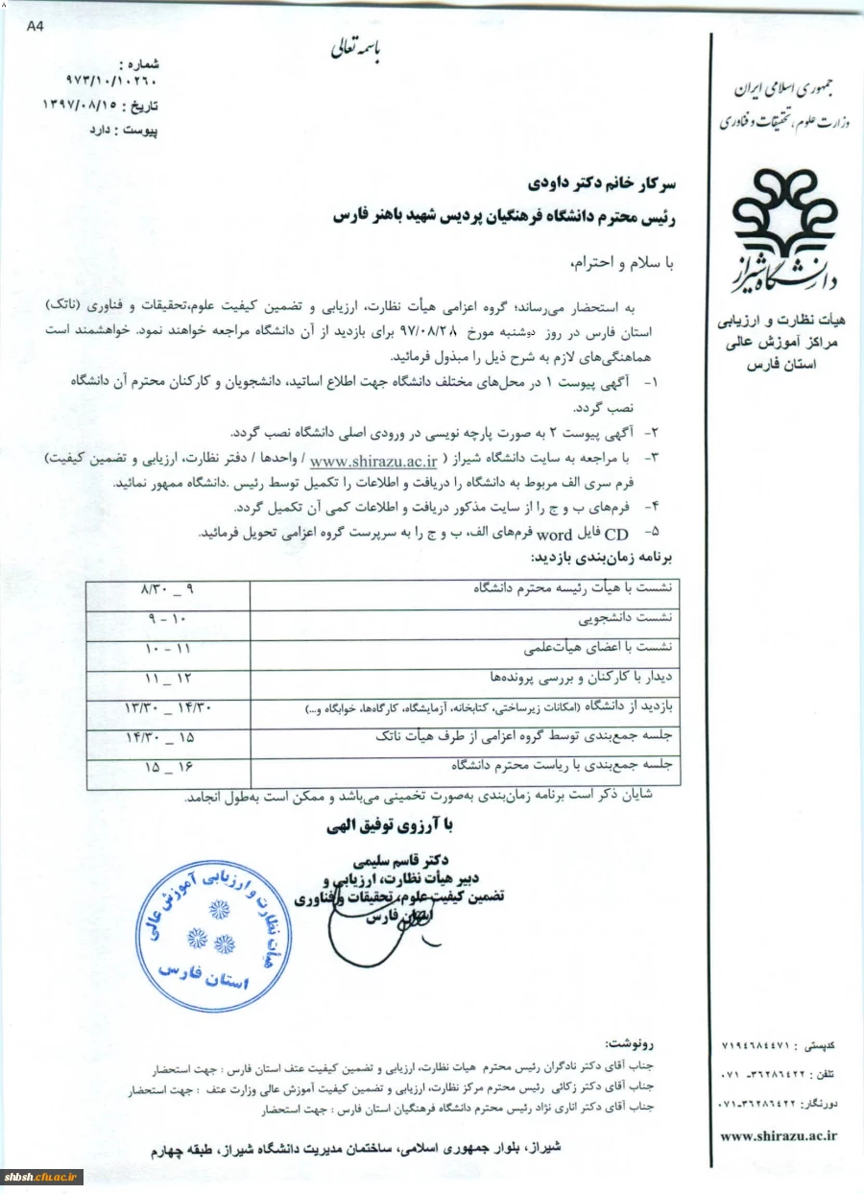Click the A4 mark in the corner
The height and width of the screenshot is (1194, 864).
click(x=36, y=27)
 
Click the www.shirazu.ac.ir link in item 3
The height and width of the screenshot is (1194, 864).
click(x=360, y=461)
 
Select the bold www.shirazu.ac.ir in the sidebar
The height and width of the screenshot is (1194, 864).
click(x=778, y=1134)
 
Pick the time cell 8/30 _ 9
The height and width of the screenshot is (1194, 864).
click(x=167, y=585)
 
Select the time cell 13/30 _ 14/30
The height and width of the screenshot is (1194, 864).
click(x=167, y=707)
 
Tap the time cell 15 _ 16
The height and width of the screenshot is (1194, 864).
click(x=167, y=768)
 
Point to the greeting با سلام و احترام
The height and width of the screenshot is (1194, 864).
click(x=623, y=262)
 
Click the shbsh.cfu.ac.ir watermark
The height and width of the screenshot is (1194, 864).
click(x=43, y=1177)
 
